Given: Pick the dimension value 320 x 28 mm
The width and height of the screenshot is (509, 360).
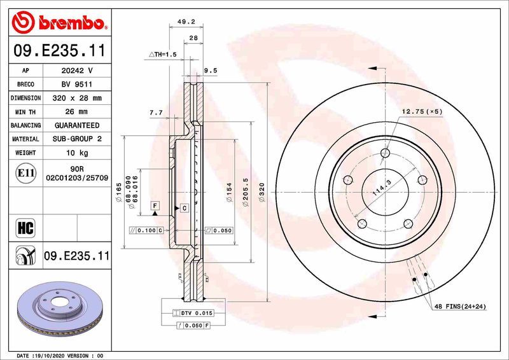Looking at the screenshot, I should [x=77, y=98].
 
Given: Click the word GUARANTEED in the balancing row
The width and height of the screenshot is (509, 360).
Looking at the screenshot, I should [x=77, y=125].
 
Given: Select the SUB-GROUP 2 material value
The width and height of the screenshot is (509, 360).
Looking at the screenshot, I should [x=77, y=139].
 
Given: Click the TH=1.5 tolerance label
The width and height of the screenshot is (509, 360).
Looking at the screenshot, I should [x=162, y=55].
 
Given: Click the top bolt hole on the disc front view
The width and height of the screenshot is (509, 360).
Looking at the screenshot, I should [x=385, y=153].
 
